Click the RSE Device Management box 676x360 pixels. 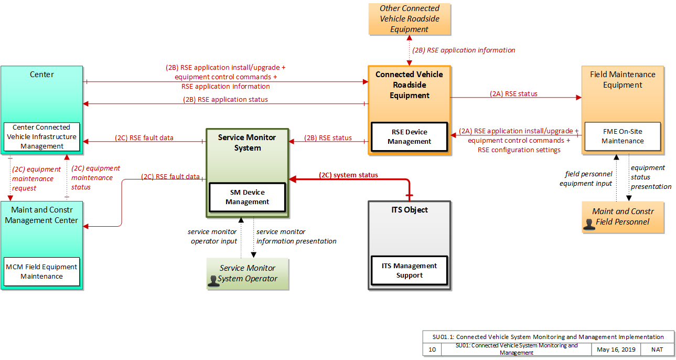409,136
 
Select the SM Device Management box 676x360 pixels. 247,197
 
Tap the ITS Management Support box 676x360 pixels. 409,270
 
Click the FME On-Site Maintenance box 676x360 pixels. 623,136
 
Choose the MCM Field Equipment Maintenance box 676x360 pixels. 41,271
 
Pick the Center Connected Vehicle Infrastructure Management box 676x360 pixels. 41,136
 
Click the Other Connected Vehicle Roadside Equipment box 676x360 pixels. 410,19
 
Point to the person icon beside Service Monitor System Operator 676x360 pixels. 213,281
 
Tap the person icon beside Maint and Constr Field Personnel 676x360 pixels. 589,225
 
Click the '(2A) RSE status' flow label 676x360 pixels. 513,93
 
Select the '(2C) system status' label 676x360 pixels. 348,175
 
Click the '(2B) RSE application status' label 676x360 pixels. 226,99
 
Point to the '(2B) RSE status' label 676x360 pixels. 328,137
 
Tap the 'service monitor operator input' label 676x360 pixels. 212,237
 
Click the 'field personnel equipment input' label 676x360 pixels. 586,178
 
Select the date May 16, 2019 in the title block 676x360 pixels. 616,350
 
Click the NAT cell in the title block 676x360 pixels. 657,350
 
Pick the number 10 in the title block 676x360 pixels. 432,350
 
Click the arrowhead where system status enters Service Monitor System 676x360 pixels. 292,179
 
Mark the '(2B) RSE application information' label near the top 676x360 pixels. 464,50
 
